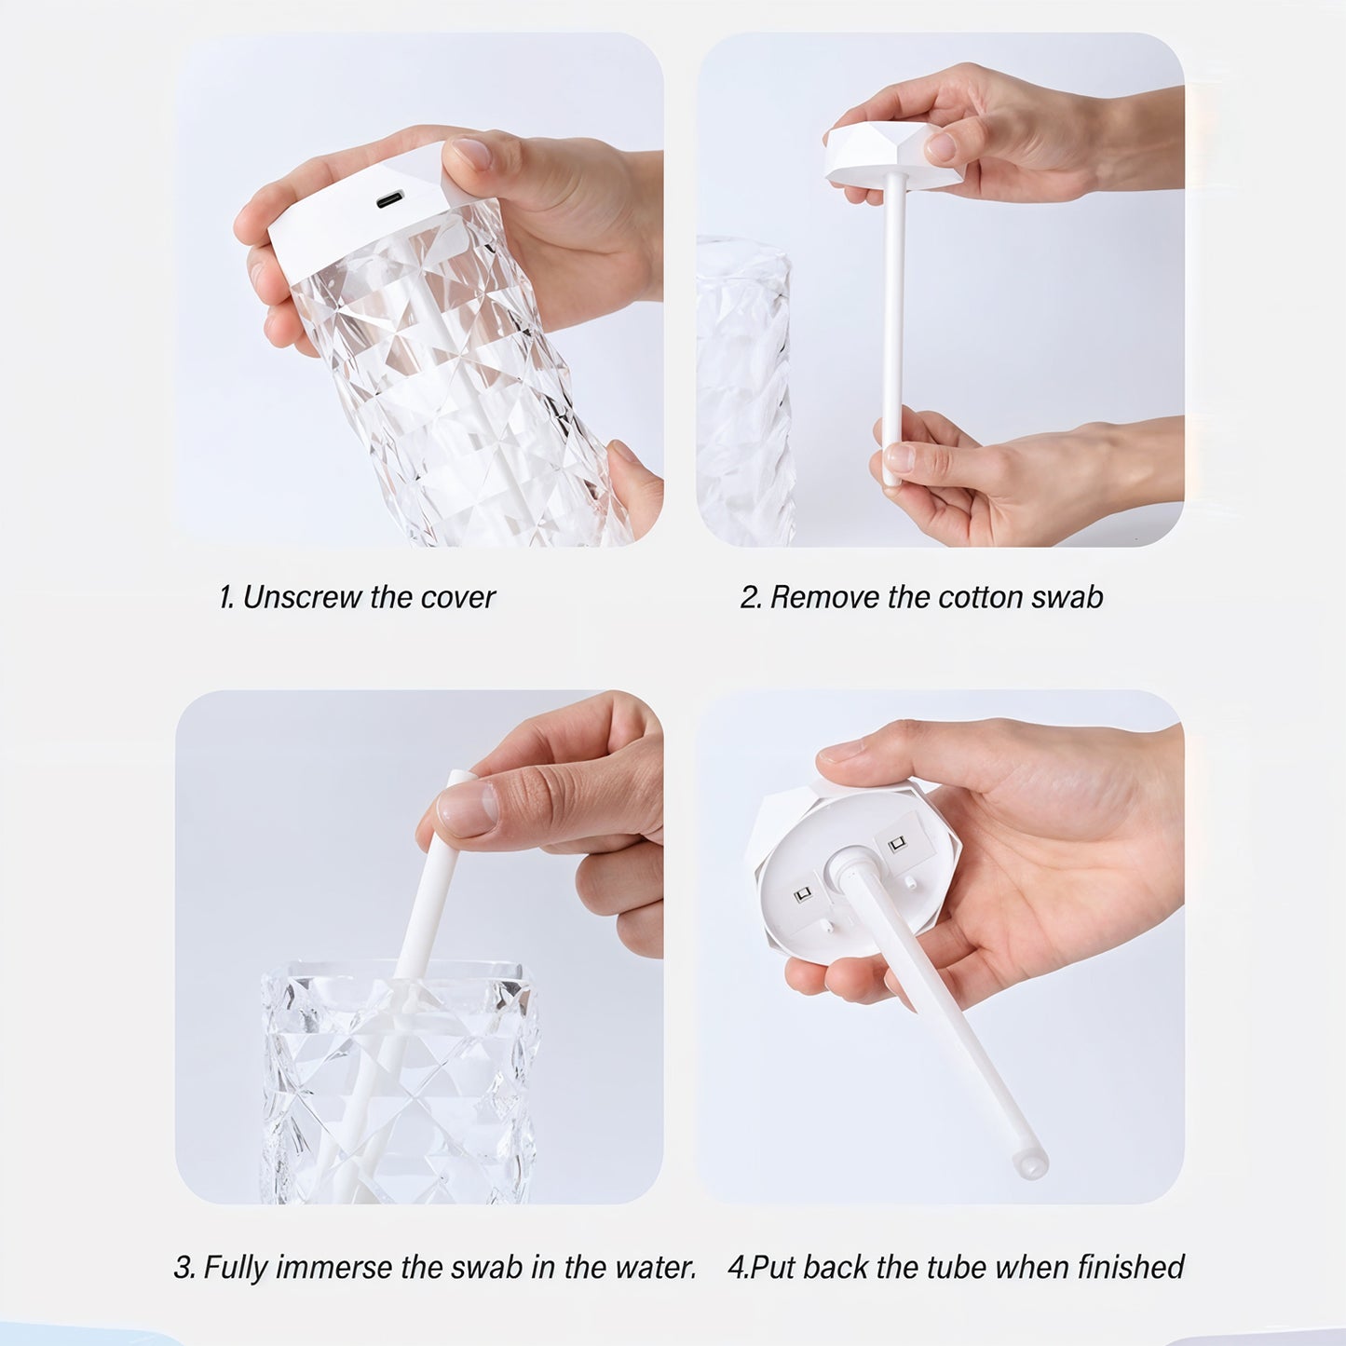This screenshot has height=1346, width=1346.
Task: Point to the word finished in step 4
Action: pyautogui.click(x=1130, y=1268)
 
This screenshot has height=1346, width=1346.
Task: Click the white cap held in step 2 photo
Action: pyautogui.click(x=876, y=154)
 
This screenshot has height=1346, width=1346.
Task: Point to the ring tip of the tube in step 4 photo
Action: pyautogui.click(x=1031, y=1164)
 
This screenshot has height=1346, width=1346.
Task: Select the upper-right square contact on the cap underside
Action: pyautogui.click(x=897, y=845)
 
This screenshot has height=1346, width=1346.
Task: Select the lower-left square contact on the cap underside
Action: pyautogui.click(x=802, y=895)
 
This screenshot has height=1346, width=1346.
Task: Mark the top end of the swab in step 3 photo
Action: pyautogui.click(x=457, y=777)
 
